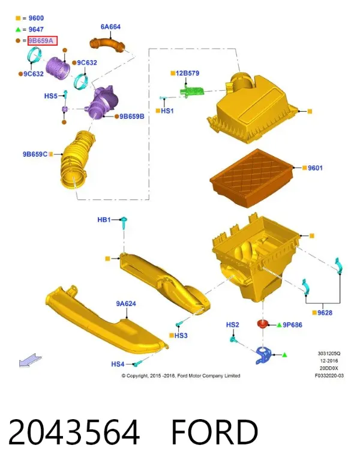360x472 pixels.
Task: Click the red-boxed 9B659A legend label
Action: pyautogui.click(x=43, y=41)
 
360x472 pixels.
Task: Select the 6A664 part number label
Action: pyautogui.click(x=110, y=27)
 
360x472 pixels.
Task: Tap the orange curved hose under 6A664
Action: pyautogui.click(x=107, y=45)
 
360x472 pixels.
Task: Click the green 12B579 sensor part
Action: pyautogui.click(x=192, y=90)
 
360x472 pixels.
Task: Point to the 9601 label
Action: pyautogui.click(x=315, y=168)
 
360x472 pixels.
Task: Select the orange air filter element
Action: pyautogui.click(x=251, y=178)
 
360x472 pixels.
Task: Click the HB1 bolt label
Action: pyautogui.click(x=104, y=220)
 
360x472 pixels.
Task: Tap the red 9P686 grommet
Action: pyautogui.click(x=263, y=324)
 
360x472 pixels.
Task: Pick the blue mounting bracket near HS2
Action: pyautogui.click(x=263, y=356)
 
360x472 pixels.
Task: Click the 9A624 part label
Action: pyautogui.click(x=126, y=303)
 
